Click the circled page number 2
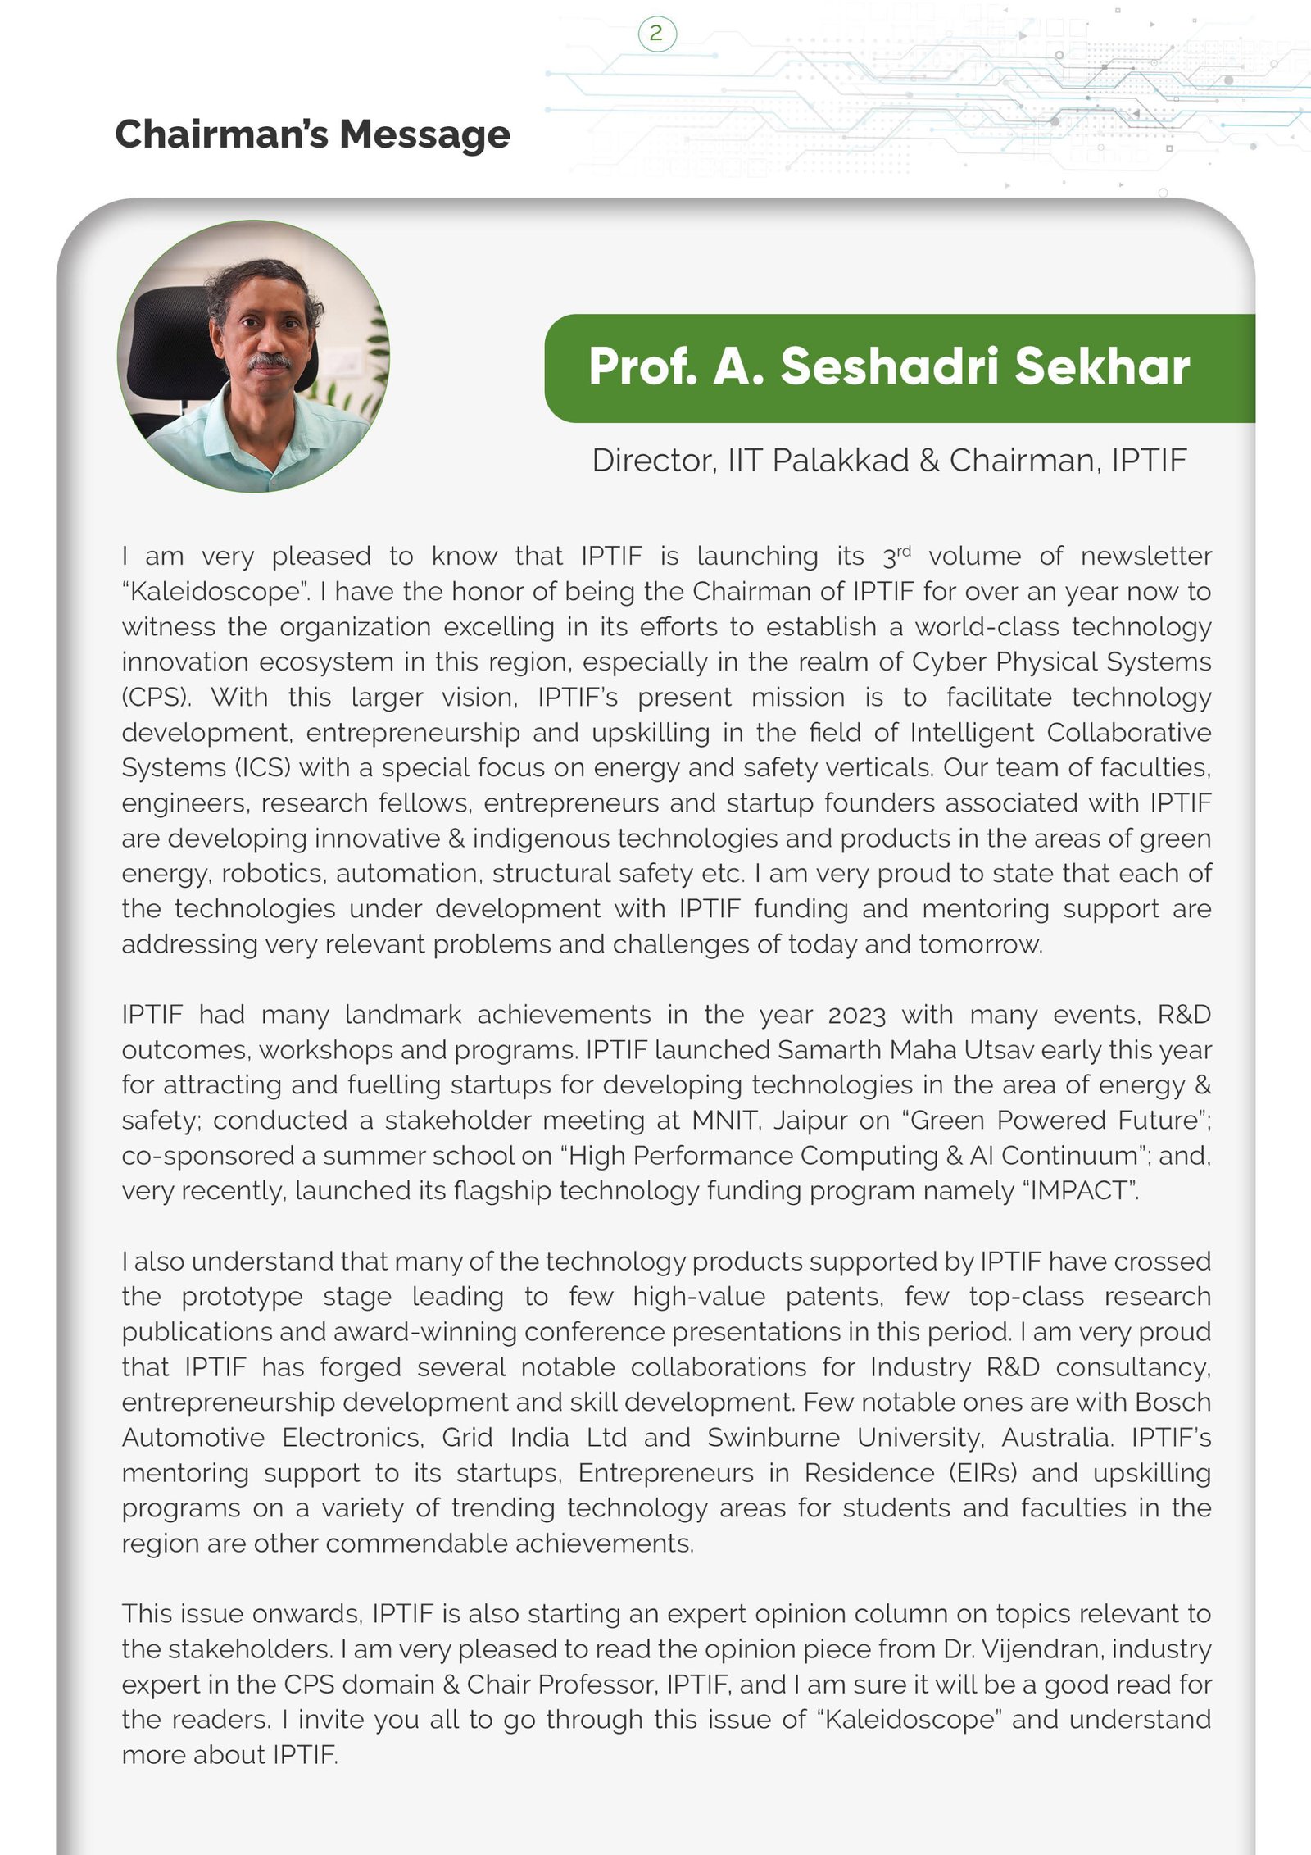click(656, 34)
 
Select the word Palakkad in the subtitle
click(840, 461)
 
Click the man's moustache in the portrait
click(270, 361)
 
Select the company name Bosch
click(1173, 1403)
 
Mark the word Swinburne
click(773, 1438)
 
